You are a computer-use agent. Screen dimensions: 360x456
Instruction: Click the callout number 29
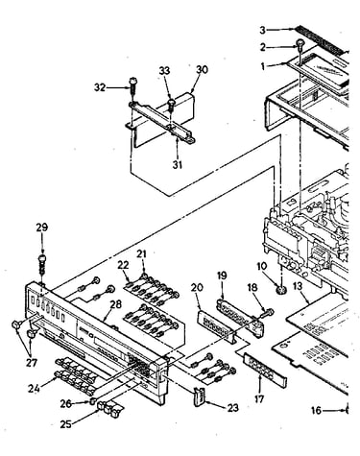point(42,228)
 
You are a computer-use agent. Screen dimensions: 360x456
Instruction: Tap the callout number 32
point(100,87)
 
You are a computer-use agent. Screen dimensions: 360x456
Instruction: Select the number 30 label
point(202,70)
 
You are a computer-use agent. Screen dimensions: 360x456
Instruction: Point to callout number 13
point(298,286)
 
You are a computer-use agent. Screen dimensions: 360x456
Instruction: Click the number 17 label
point(259,398)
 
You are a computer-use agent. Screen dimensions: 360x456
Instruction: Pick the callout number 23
point(232,407)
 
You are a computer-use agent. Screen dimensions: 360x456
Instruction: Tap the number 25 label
point(66,424)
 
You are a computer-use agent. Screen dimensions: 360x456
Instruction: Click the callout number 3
point(262,31)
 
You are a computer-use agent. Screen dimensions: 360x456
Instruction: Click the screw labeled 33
point(172,104)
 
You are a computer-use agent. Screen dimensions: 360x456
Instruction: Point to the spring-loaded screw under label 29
point(42,264)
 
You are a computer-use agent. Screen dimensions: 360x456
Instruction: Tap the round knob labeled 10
point(280,290)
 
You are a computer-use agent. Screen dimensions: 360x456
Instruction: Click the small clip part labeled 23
point(199,396)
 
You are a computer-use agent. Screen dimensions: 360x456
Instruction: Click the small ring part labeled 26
point(92,401)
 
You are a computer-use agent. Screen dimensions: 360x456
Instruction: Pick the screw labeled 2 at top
point(300,44)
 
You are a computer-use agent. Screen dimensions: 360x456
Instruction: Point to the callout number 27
point(33,363)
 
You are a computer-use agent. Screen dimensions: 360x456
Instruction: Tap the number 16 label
point(316,410)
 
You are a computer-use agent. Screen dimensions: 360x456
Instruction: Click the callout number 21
point(141,254)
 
